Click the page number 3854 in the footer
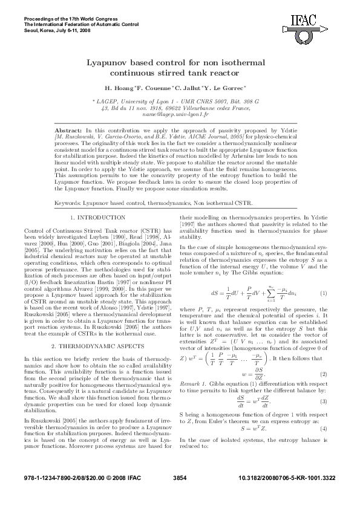[180, 494]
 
